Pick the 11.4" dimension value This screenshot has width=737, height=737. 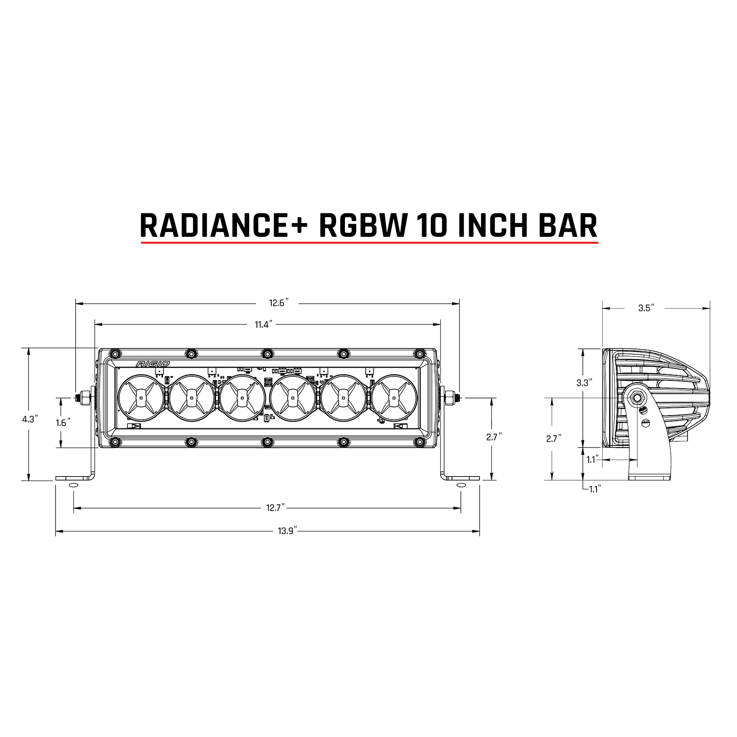[263, 324]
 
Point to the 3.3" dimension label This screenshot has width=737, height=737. [582, 383]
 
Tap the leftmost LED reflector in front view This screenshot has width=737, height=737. [142, 397]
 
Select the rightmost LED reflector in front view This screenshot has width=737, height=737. [394, 397]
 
